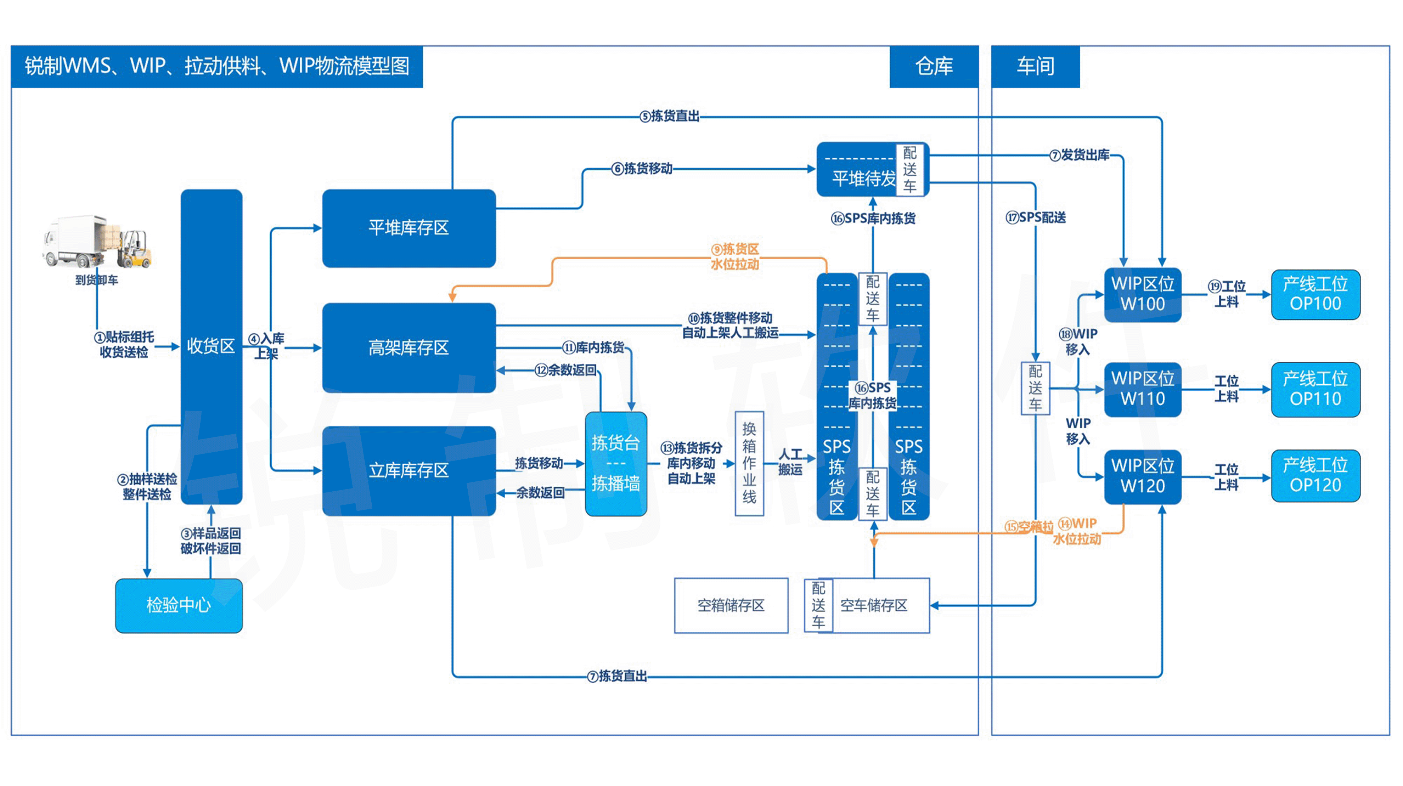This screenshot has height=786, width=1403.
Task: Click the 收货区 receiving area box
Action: point(211,346)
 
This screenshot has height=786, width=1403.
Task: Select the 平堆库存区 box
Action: point(408,228)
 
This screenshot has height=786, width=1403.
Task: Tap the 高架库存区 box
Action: point(408,347)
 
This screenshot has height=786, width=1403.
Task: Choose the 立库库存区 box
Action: point(408,470)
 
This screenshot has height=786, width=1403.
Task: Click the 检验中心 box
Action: point(179,605)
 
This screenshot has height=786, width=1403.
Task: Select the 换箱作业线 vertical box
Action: point(749,463)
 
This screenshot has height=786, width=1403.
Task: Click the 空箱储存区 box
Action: point(731,605)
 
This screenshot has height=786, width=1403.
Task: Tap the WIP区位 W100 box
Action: point(1142,294)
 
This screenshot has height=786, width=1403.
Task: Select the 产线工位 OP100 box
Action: point(1315,294)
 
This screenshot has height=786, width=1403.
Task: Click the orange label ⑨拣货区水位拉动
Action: point(735,256)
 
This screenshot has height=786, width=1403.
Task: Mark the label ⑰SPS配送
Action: point(1035,218)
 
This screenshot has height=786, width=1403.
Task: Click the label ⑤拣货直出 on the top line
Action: point(670,116)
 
